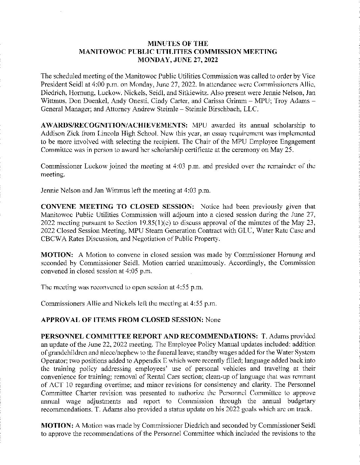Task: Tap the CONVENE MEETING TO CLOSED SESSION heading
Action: tap(117, 207)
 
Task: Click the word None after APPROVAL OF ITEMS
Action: tap(213, 320)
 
